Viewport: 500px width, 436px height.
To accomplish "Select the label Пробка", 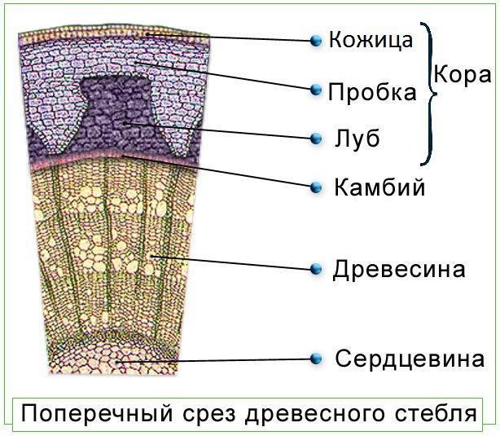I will tap(372, 91).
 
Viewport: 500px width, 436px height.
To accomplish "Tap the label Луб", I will tap(357, 138).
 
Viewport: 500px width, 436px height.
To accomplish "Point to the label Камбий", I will tap(379, 188).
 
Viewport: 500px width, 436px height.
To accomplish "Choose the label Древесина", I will tap(399, 269).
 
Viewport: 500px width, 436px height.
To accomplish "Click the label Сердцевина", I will tap(410, 359).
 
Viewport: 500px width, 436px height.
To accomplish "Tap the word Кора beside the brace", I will tap(462, 75).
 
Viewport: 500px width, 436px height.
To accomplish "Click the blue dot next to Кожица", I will tap(316, 40).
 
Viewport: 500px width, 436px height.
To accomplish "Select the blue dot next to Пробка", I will tap(316, 90).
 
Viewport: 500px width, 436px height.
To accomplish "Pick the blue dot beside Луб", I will tap(316, 139).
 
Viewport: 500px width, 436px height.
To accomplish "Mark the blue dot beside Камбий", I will tap(316, 188).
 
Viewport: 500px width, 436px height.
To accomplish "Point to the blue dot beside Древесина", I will tap(316, 268).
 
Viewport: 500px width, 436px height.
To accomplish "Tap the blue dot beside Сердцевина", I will tap(316, 358).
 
